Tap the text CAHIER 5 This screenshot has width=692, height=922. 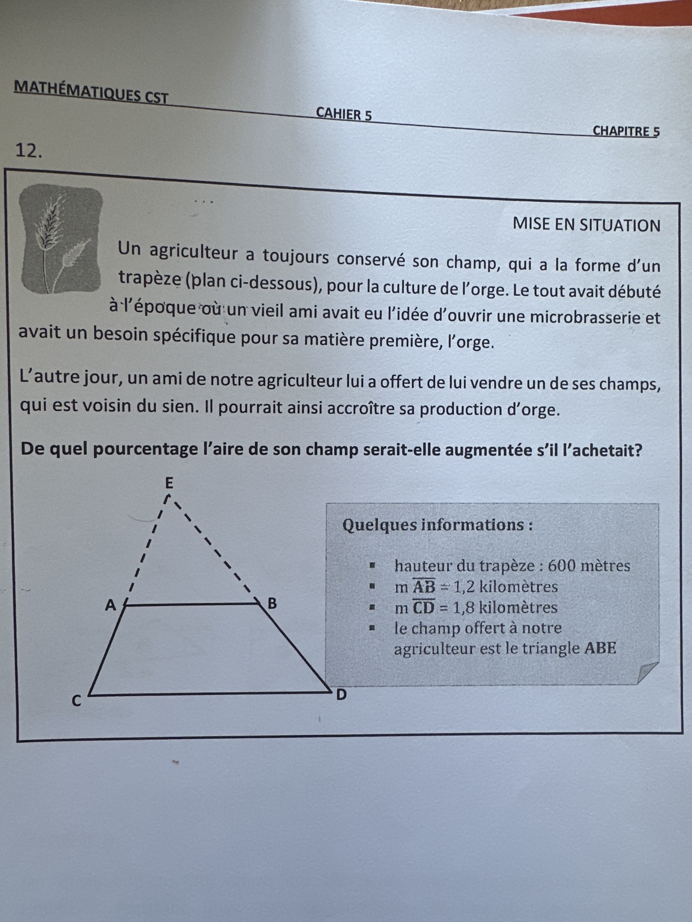(x=344, y=114)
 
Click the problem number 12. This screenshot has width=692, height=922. (x=28, y=151)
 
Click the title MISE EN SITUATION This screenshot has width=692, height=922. (x=586, y=225)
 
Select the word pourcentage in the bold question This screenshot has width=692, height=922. (x=144, y=449)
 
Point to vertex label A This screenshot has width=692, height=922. (x=110, y=605)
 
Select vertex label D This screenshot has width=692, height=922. (x=341, y=695)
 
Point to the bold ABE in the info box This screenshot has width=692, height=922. (x=600, y=648)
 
